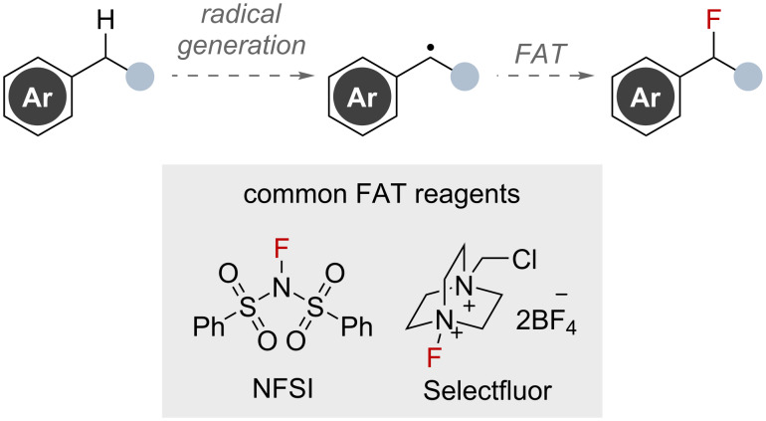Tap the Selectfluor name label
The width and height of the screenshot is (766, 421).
483,383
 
